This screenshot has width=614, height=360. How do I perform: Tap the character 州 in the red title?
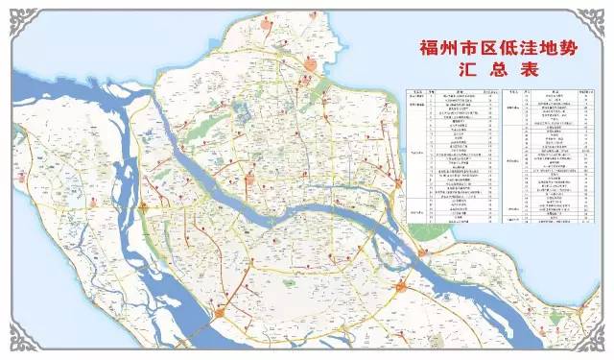[440, 47]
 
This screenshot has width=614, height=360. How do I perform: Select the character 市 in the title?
[463, 47]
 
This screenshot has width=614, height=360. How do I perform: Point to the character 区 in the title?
[486, 47]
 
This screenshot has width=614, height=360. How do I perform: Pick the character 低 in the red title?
[509, 47]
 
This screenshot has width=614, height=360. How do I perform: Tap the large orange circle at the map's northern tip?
[309, 64]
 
